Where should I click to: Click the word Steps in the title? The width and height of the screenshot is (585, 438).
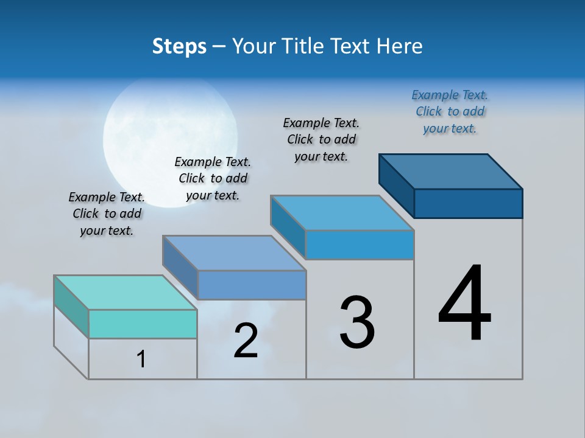click(x=179, y=46)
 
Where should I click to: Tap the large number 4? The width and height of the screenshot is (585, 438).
click(x=464, y=304)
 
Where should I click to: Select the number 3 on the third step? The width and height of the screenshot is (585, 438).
click(x=357, y=322)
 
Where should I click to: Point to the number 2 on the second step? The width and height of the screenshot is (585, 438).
click(x=246, y=341)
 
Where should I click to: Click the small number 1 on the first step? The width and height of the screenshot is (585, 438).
click(x=141, y=360)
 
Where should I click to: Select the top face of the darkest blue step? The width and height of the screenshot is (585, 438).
click(x=451, y=171)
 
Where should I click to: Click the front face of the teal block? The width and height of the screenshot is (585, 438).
click(x=143, y=324)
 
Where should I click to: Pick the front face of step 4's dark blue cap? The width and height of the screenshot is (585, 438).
click(x=468, y=203)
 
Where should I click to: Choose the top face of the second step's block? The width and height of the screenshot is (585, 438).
click(x=234, y=252)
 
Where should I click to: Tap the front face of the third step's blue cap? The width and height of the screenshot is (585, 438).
click(x=360, y=245)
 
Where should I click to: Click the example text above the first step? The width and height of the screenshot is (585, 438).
click(x=107, y=214)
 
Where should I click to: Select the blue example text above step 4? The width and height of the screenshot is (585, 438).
click(x=450, y=111)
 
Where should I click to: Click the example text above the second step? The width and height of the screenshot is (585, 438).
click(x=213, y=178)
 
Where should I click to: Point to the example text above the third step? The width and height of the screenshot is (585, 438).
click(x=321, y=139)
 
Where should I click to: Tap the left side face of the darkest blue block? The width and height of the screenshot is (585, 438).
click(x=397, y=185)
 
